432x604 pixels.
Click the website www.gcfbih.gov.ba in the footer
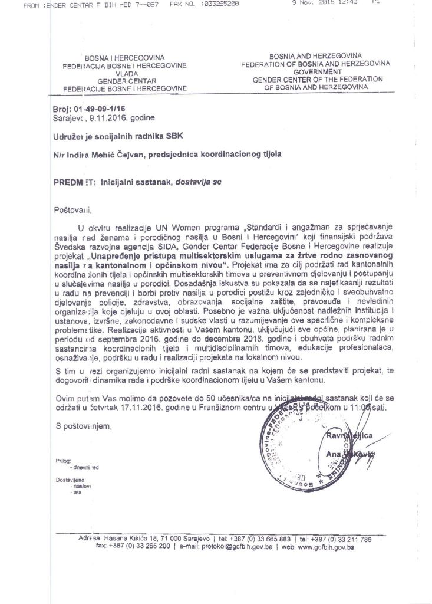(326, 547)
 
